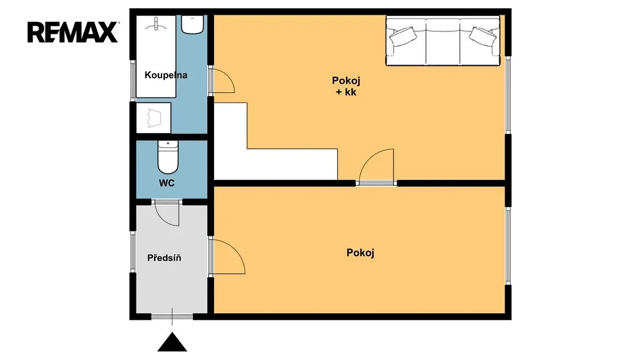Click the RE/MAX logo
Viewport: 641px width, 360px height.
pos(73,32)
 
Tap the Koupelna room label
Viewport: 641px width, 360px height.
pos(166,75)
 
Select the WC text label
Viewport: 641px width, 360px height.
pos(167,183)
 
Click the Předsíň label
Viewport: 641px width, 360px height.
pos(164,258)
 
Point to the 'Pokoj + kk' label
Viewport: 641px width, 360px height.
pos(346,86)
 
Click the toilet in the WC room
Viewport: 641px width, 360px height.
pos(168,157)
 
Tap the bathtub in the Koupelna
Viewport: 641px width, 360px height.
pos(156,56)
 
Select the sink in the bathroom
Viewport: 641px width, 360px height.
pos(192,24)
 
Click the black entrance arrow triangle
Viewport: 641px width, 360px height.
pos(172,343)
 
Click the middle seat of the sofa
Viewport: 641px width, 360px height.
pos(443,41)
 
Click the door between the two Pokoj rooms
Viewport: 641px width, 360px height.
pos(376,165)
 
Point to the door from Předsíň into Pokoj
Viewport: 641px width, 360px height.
pos(228,256)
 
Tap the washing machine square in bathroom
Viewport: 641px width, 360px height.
pos(153,118)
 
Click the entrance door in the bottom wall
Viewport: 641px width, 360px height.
pos(172,316)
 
